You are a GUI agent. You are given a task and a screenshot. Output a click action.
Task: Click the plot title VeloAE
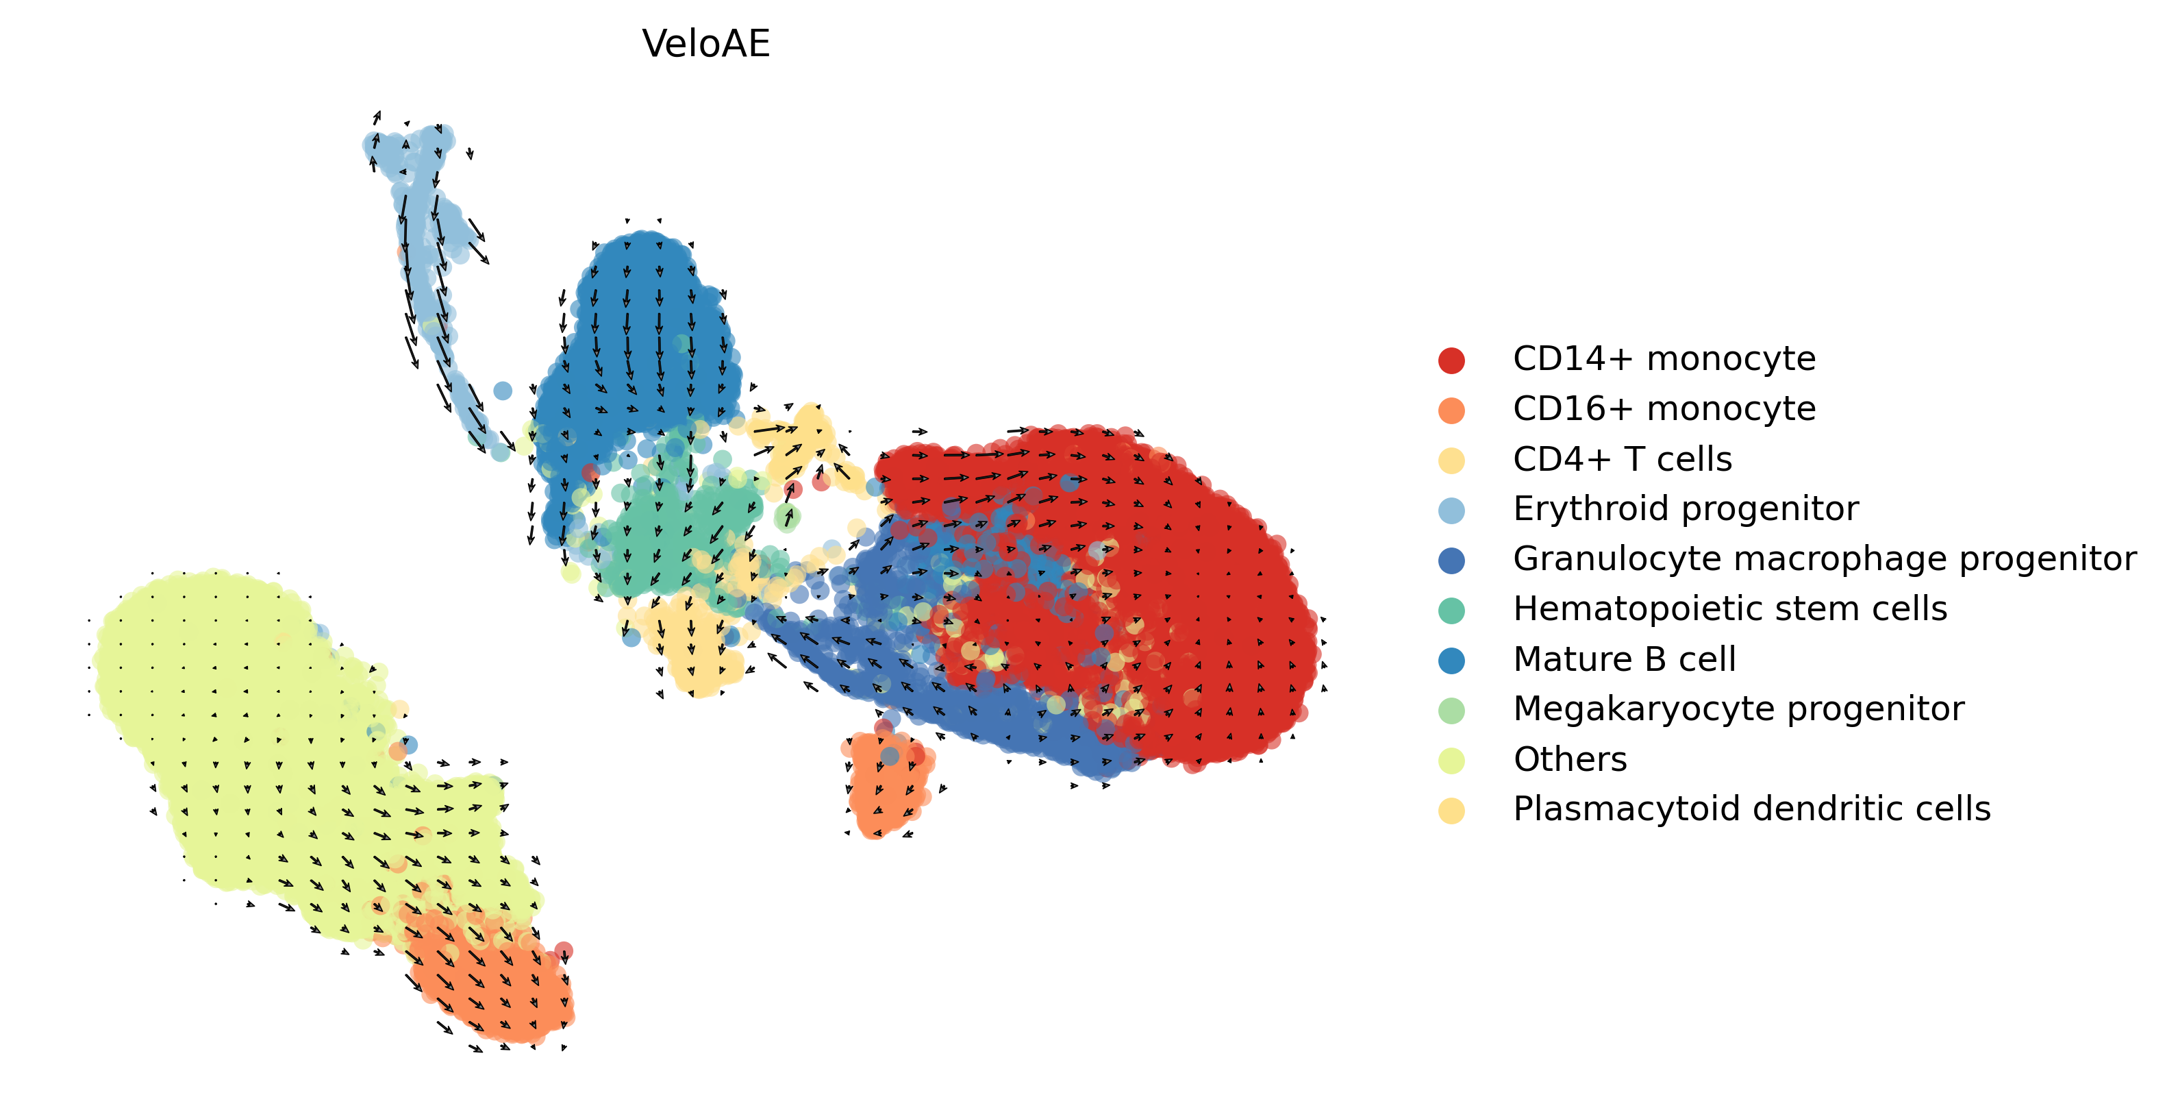pos(706,44)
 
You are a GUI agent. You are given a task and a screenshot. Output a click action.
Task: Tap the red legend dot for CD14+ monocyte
pos(1451,360)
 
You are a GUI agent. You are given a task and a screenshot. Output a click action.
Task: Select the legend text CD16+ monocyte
pos(1664,409)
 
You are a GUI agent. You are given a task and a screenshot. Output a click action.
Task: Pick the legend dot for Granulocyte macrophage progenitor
pos(1451,560)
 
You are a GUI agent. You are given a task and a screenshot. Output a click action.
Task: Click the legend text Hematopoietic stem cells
pos(1730,609)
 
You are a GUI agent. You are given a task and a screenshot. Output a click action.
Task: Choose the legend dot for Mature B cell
pos(1451,660)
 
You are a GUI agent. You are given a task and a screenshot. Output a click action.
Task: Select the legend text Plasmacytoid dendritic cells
pos(1751,809)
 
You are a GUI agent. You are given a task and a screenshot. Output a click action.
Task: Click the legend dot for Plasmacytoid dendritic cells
pos(1451,810)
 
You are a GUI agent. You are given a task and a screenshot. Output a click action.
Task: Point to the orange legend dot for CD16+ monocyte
pos(1451,410)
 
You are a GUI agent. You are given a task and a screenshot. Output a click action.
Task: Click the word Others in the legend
pos(1570,759)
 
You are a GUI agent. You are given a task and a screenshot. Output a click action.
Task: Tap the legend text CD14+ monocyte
pos(1664,360)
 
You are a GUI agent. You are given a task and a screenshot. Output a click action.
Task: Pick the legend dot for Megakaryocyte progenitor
pos(1451,710)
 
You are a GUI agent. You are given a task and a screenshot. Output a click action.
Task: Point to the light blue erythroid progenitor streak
pos(427,254)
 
